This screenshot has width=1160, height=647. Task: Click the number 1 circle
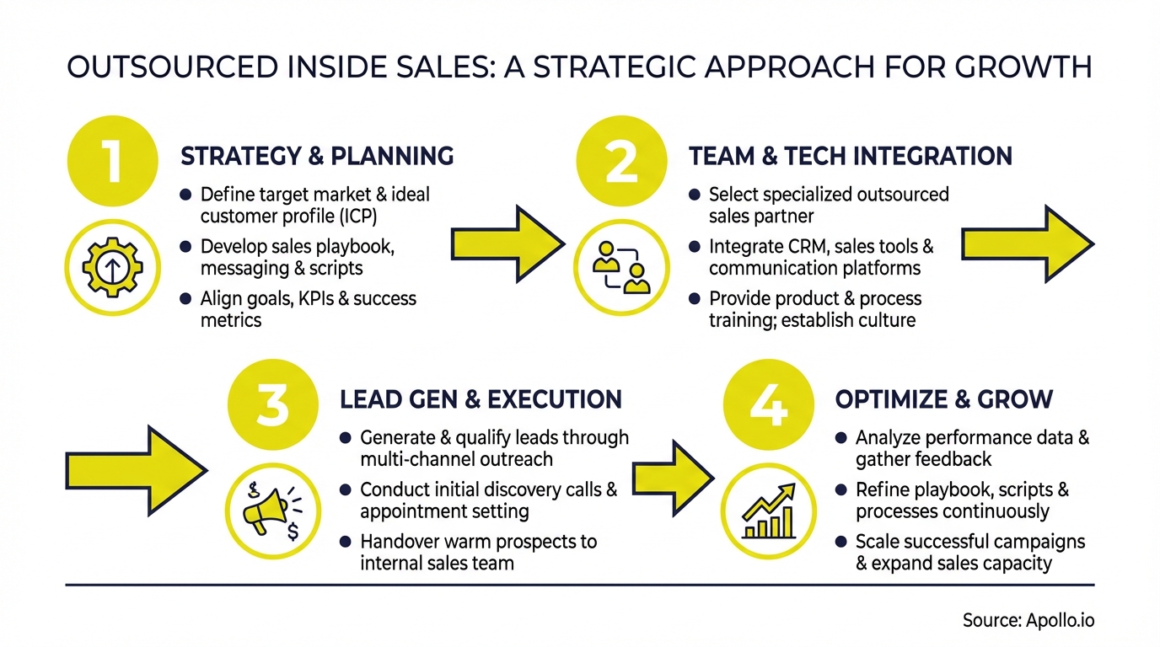point(111,162)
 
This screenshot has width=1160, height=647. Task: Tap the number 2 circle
point(620,162)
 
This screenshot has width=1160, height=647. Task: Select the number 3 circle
point(271,404)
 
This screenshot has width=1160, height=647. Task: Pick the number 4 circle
point(768,404)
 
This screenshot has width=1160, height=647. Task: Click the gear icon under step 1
point(111,267)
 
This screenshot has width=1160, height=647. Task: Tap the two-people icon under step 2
point(620,267)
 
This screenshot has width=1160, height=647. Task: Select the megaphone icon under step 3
point(271,510)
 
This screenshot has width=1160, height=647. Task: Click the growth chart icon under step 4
point(768,510)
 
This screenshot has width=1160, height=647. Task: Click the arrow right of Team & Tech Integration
point(1027,244)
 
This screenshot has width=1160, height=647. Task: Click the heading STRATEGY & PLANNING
point(317,157)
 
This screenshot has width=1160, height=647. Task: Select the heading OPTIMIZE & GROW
point(943,398)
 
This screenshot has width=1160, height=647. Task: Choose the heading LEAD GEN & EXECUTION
point(481,398)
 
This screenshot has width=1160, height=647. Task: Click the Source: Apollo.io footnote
point(1028,621)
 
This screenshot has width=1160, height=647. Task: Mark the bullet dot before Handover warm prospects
point(346,542)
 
